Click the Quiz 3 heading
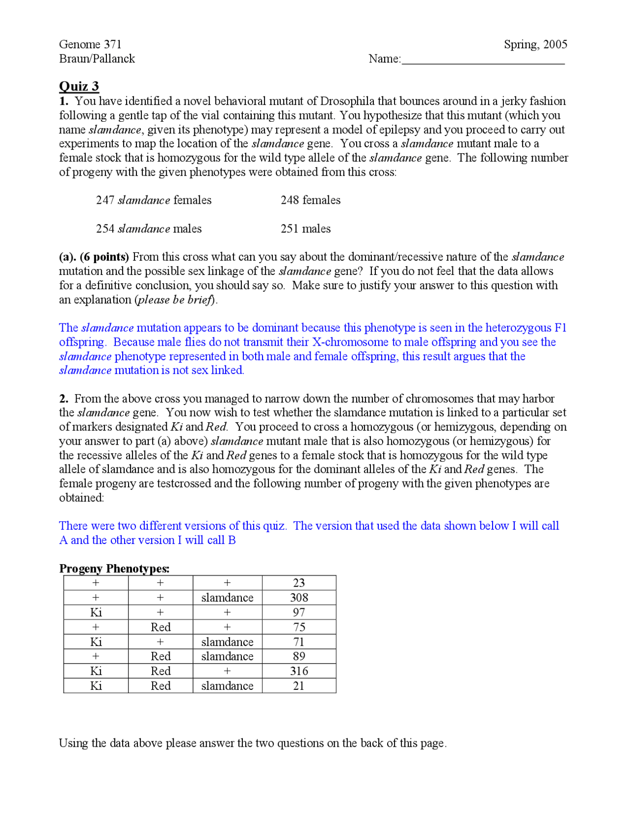point(79,86)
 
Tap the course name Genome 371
point(90,44)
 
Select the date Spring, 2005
point(535,44)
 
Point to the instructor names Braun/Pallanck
point(97,58)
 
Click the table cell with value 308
point(299,597)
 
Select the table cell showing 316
point(299,671)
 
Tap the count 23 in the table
point(299,583)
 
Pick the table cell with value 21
point(299,685)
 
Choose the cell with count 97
point(299,612)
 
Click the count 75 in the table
point(299,627)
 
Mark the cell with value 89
point(299,656)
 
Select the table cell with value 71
point(299,642)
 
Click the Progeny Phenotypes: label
point(114,569)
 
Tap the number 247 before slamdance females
point(105,200)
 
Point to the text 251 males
point(305,229)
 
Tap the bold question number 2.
point(64,398)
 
